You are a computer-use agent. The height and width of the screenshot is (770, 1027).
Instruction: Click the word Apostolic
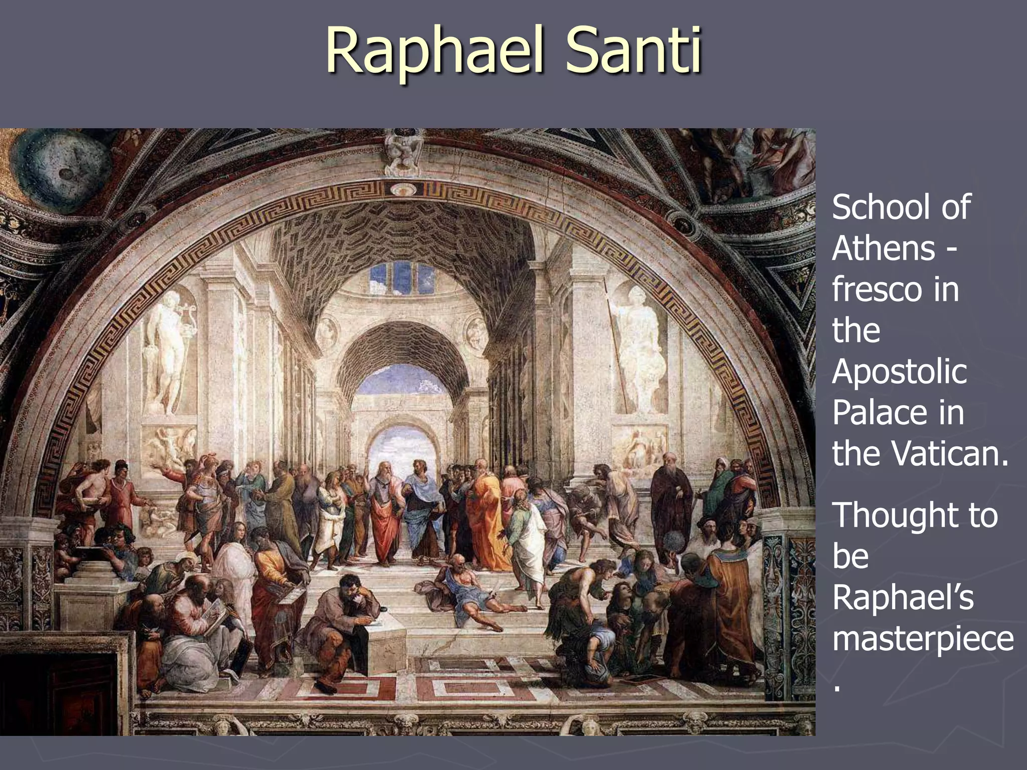(x=899, y=372)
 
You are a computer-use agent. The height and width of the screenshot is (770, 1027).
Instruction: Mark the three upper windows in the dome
(x=401, y=277)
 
